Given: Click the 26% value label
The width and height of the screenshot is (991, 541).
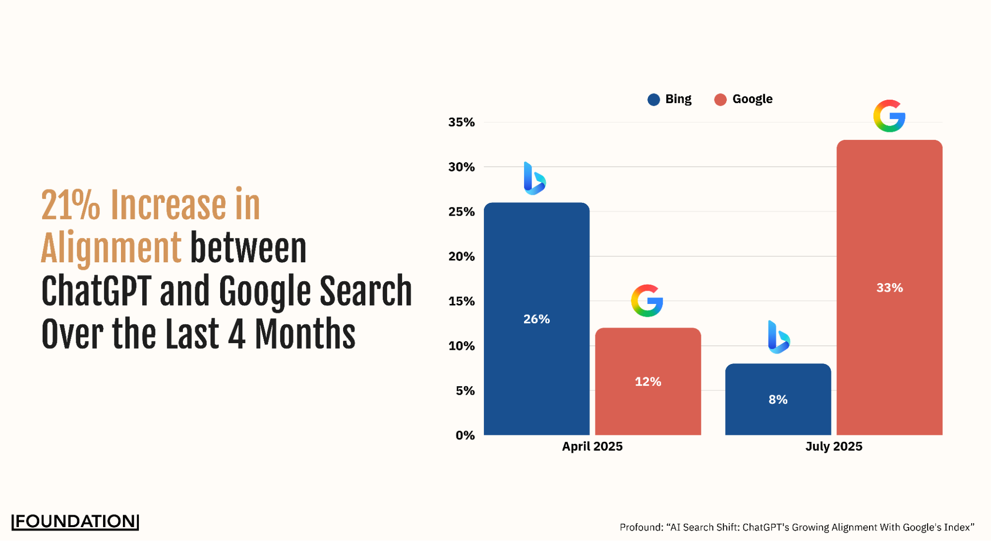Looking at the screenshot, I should tap(536, 319).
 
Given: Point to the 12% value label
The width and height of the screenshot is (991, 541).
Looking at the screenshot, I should tap(648, 381).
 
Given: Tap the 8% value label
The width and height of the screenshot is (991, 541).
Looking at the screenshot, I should tap(778, 399).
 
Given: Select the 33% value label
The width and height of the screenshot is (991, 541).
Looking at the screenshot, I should tap(889, 288).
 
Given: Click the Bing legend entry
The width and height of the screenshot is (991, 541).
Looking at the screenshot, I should tap(669, 99).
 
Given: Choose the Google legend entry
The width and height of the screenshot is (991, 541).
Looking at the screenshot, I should tap(743, 99).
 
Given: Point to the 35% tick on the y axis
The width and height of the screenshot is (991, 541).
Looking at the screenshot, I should tap(462, 122).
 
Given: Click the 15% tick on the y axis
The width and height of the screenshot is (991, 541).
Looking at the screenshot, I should tap(462, 301).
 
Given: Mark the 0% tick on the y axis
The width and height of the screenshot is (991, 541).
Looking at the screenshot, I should tap(465, 435).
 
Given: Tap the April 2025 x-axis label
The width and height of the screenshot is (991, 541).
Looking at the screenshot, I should tap(592, 446).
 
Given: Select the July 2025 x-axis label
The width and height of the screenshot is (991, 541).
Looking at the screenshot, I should tap(834, 446).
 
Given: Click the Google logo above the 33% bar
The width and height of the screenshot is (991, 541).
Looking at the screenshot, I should tap(889, 116).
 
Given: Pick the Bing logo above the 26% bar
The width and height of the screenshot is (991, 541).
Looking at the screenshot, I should tap(534, 179).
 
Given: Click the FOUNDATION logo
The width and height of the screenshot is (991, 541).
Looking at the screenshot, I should tap(75, 521).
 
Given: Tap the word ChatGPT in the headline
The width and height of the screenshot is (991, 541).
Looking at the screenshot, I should tap(96, 291).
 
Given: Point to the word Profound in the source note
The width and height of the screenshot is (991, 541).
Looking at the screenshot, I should tap(640, 527).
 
